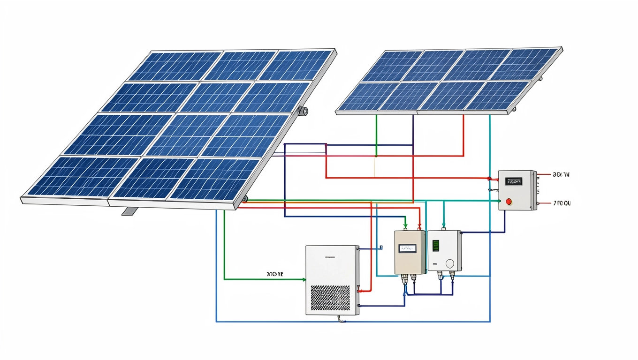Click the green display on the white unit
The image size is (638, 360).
pos(435,246)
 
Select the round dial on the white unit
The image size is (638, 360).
pos(450,263)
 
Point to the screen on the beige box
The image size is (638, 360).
pos(407,248)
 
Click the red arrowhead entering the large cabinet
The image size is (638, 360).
pos(359,291)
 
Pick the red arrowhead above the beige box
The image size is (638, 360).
pos(420,226)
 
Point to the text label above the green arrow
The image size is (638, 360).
pos(274,272)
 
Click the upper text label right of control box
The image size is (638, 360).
pos(561,174)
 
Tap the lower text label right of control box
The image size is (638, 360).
pos(562,203)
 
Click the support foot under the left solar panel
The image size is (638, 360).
pos(130,211)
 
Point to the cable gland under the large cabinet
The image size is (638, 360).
pos(341,320)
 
